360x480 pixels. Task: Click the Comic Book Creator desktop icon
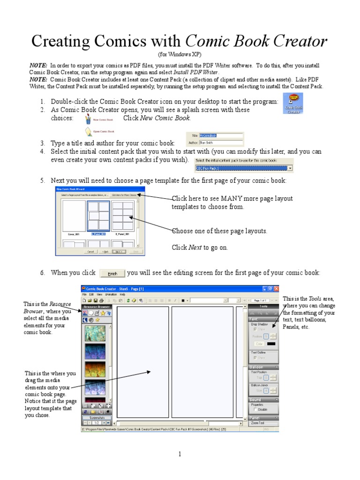[294, 103]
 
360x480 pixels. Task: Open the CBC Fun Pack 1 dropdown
[290, 167]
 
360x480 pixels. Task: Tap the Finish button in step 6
[112, 273]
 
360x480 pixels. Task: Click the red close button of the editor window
[277, 289]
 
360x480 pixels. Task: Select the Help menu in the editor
[122, 294]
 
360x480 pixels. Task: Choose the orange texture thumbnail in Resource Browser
[95, 370]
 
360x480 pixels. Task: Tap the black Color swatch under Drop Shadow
[271, 344]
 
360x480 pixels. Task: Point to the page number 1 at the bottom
[180, 454]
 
